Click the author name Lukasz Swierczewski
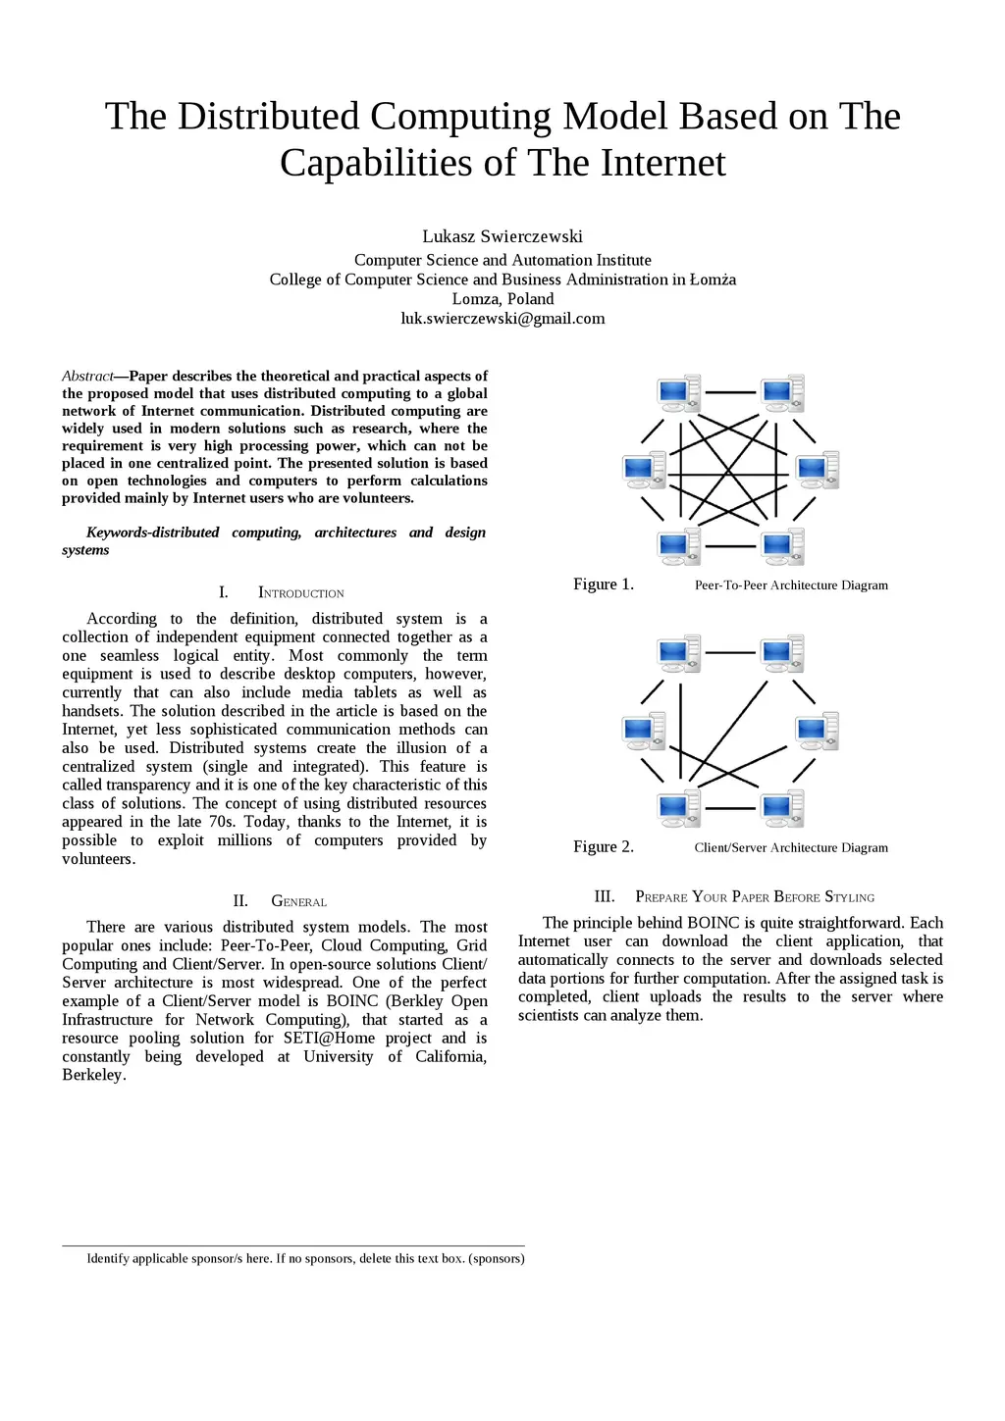[502, 236]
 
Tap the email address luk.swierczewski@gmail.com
[502, 319]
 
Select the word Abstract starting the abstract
[87, 376]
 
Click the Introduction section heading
[300, 593]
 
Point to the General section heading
[298, 901]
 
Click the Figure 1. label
[604, 584]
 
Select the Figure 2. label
[604, 847]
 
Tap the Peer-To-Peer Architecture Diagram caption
[791, 585]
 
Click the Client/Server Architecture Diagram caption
[791, 848]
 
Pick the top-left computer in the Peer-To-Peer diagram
[678, 392]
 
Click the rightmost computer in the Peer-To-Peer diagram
[817, 470]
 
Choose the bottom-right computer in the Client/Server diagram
[781, 808]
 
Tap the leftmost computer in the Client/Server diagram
[644, 731]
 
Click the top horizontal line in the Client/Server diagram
[730, 652]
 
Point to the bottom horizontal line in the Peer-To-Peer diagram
[730, 546]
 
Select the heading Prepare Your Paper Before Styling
[754, 897]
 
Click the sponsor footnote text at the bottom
[305, 1258]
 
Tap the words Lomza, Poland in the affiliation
[502, 299]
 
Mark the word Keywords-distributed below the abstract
[152, 533]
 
